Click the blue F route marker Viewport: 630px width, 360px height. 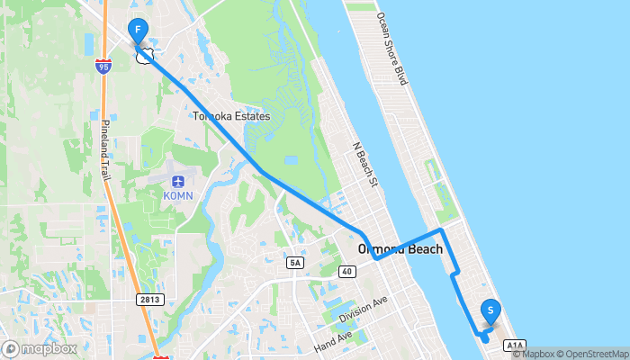pos(138,30)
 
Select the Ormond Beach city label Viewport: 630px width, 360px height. pos(400,249)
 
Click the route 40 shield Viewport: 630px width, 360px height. pos(346,271)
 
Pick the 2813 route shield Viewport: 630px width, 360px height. pos(151,299)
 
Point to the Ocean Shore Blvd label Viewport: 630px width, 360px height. pos(393,49)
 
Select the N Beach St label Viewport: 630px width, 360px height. pos(364,162)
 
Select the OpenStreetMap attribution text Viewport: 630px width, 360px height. pos(595,354)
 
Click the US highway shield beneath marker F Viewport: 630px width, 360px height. pos(142,56)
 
